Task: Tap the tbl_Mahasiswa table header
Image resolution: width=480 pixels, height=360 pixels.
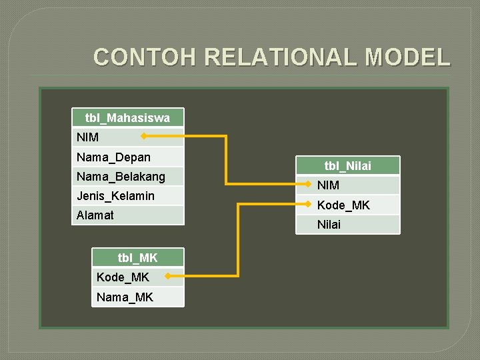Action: click(127, 118)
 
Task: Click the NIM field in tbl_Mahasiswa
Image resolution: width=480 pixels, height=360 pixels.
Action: click(88, 137)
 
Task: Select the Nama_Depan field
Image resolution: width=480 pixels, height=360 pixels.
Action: click(113, 157)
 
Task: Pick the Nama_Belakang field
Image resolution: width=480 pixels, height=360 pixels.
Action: click(121, 177)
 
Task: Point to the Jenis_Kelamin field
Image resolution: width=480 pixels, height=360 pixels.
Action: click(115, 196)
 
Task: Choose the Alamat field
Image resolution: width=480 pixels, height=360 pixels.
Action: click(95, 215)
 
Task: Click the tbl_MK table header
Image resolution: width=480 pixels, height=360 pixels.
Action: click(137, 257)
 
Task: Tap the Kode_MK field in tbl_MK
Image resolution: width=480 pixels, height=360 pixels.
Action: click(123, 277)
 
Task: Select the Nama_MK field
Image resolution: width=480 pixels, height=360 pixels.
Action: click(125, 297)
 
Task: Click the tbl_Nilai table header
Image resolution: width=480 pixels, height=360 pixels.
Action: click(347, 166)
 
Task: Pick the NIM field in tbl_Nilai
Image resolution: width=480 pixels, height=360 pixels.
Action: click(328, 185)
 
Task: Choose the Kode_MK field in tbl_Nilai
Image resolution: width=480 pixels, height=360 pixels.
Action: click(343, 205)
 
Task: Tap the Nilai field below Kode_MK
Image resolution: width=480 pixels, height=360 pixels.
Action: click(329, 225)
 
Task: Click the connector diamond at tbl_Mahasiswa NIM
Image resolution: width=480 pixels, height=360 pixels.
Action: click(143, 136)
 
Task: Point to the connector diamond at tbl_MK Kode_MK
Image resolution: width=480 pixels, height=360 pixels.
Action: click(167, 275)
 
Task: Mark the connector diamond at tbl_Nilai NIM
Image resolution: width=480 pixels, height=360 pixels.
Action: click(308, 183)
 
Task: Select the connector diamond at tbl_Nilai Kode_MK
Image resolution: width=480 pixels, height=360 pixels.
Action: click(308, 204)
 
